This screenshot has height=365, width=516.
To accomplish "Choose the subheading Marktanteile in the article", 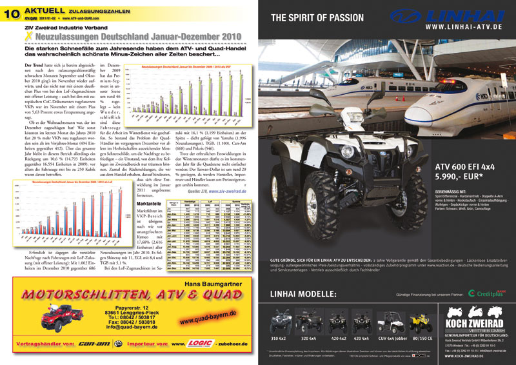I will [x=159, y=203].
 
